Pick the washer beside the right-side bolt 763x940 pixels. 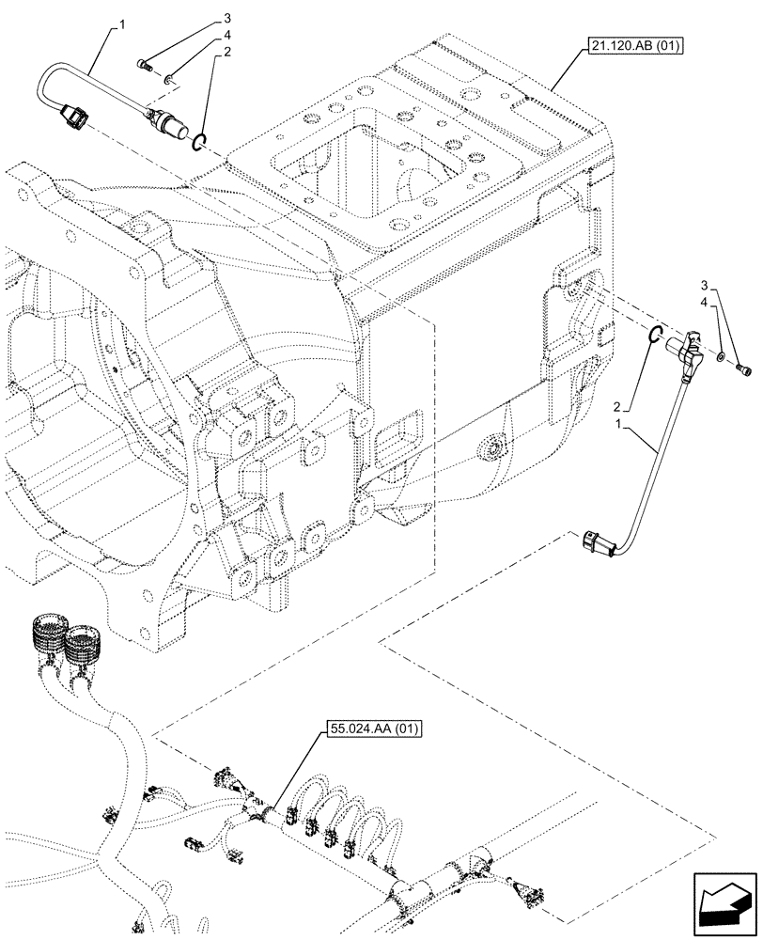click(719, 357)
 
